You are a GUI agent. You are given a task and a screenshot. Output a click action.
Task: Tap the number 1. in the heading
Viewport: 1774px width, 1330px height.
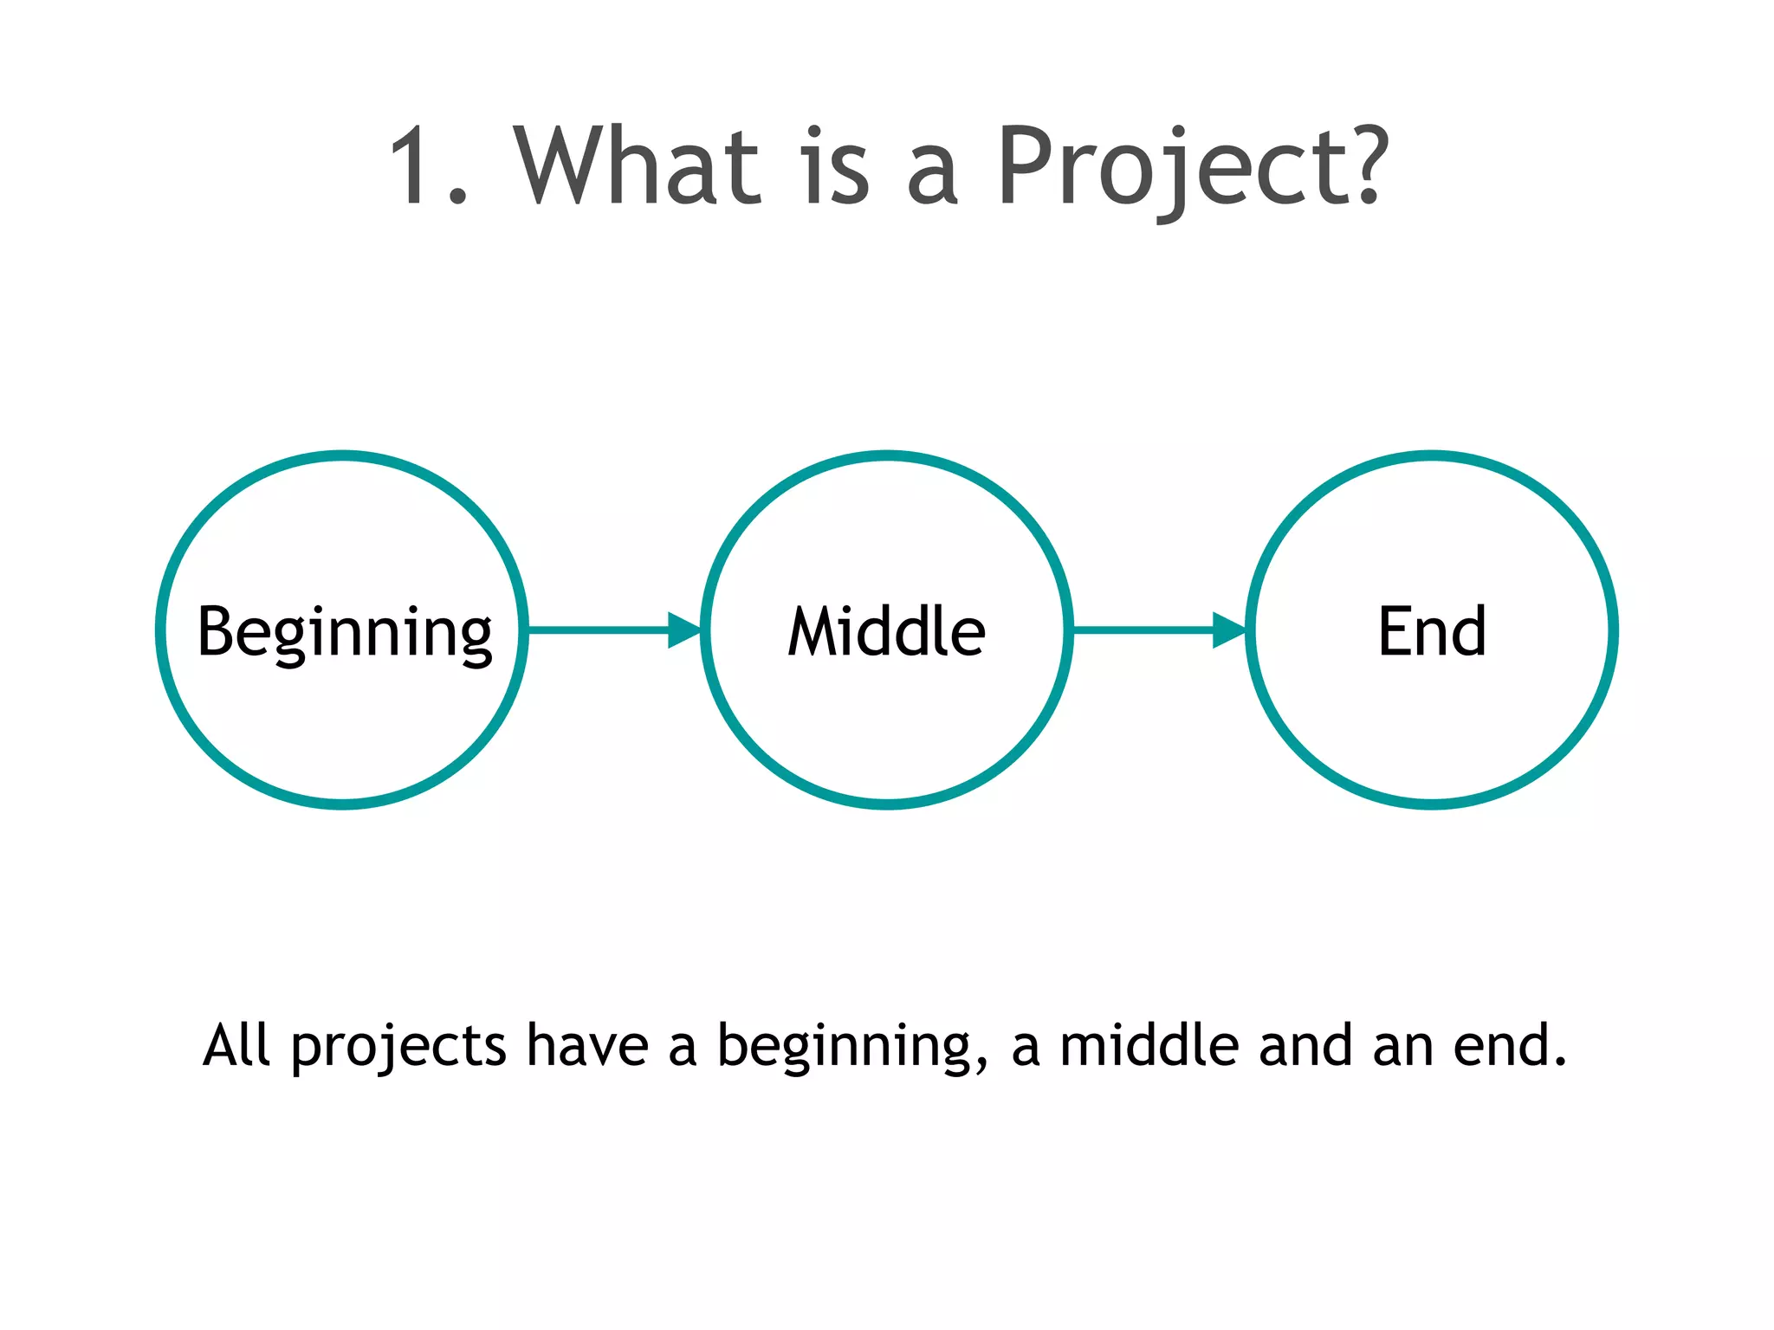pyautogui.click(x=427, y=166)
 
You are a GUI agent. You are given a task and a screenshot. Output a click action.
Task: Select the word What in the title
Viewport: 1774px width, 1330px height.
pyautogui.click(x=637, y=166)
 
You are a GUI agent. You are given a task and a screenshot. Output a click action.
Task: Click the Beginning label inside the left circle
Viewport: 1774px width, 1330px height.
pyautogui.click(x=345, y=633)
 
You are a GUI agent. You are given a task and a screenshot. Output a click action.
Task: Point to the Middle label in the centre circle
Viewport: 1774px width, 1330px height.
pyautogui.click(x=886, y=631)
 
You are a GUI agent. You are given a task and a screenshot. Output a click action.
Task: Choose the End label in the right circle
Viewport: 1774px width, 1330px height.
pyautogui.click(x=1432, y=631)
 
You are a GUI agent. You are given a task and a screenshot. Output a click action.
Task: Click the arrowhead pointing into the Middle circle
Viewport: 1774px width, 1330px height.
pyautogui.click(x=684, y=629)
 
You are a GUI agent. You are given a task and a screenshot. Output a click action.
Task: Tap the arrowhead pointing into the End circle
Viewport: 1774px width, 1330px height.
pyautogui.click(x=1229, y=629)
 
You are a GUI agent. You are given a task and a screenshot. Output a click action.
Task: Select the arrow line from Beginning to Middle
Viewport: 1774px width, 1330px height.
pyautogui.click(x=598, y=629)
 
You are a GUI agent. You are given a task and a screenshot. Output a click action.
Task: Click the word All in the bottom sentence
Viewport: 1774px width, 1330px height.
pyautogui.click(x=236, y=1045)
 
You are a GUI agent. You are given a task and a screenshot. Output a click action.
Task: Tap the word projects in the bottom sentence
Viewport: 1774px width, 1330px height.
pyautogui.click(x=398, y=1048)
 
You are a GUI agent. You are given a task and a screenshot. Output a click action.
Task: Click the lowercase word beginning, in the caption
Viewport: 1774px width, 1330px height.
pyautogui.click(x=852, y=1048)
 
